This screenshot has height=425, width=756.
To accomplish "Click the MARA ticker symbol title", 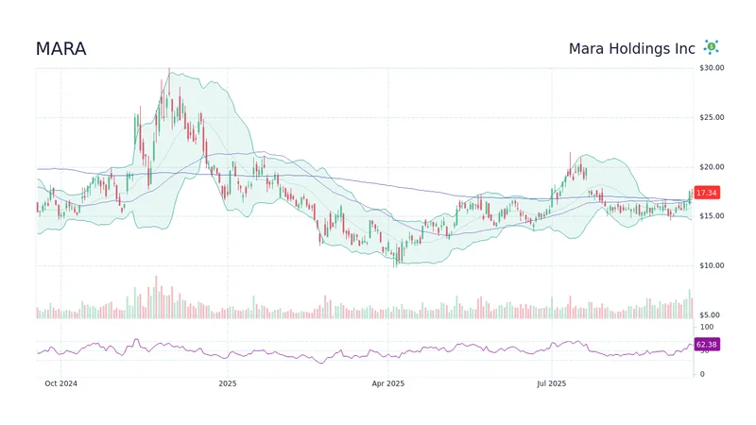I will [x=60, y=49].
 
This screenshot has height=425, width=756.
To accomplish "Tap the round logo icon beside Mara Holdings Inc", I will [x=711, y=47].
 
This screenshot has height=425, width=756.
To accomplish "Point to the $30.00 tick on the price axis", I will [x=712, y=68].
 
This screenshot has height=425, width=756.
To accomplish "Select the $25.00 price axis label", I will [x=712, y=117].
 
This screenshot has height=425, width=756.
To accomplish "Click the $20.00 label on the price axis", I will [x=712, y=167].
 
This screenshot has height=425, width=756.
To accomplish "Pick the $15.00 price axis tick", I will [x=712, y=216].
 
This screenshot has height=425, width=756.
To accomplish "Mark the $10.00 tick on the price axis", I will [x=712, y=265].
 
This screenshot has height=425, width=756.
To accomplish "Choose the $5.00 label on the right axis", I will [x=710, y=314].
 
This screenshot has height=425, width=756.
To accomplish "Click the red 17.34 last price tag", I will [x=706, y=193].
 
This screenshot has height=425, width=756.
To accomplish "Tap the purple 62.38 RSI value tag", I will [x=706, y=345].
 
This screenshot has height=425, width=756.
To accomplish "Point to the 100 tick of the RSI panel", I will [x=706, y=327].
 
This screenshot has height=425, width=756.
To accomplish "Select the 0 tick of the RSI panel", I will [x=700, y=374].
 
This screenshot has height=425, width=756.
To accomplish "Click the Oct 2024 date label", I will [x=61, y=383].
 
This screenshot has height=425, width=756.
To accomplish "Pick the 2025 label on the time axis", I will [x=227, y=383].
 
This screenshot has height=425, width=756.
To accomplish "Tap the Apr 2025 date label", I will [x=387, y=383].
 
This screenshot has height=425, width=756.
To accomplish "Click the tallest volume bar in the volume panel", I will [x=156, y=297].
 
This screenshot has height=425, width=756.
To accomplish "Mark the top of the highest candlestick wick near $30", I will [x=169, y=69].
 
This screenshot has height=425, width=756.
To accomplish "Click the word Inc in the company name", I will [x=685, y=49].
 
